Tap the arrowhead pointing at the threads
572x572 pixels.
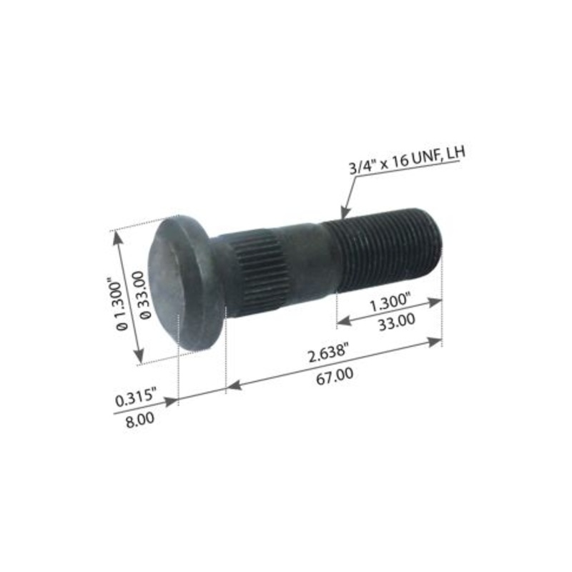[x=345, y=214]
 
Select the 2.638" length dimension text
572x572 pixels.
[x=329, y=350]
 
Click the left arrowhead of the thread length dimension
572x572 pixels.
[x=341, y=317]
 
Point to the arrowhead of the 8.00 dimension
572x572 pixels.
[x=172, y=403]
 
